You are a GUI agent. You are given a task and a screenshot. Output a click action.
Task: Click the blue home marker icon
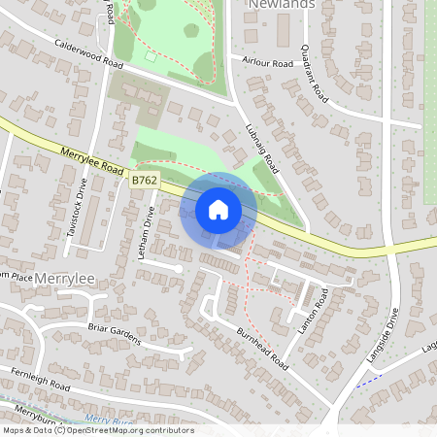pyautogui.click(x=218, y=210)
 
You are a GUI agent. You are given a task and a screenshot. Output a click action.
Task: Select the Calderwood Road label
pyautogui.click(x=89, y=54)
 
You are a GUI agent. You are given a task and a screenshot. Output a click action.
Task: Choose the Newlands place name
pyautogui.click(x=283, y=5)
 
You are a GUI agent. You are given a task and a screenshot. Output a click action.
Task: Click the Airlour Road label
pyautogui.click(x=268, y=63)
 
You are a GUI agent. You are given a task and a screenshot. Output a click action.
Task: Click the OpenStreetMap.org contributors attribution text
pyautogui.click(x=131, y=430)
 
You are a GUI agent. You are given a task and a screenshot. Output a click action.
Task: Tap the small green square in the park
pyautogui.click(x=151, y=56)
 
